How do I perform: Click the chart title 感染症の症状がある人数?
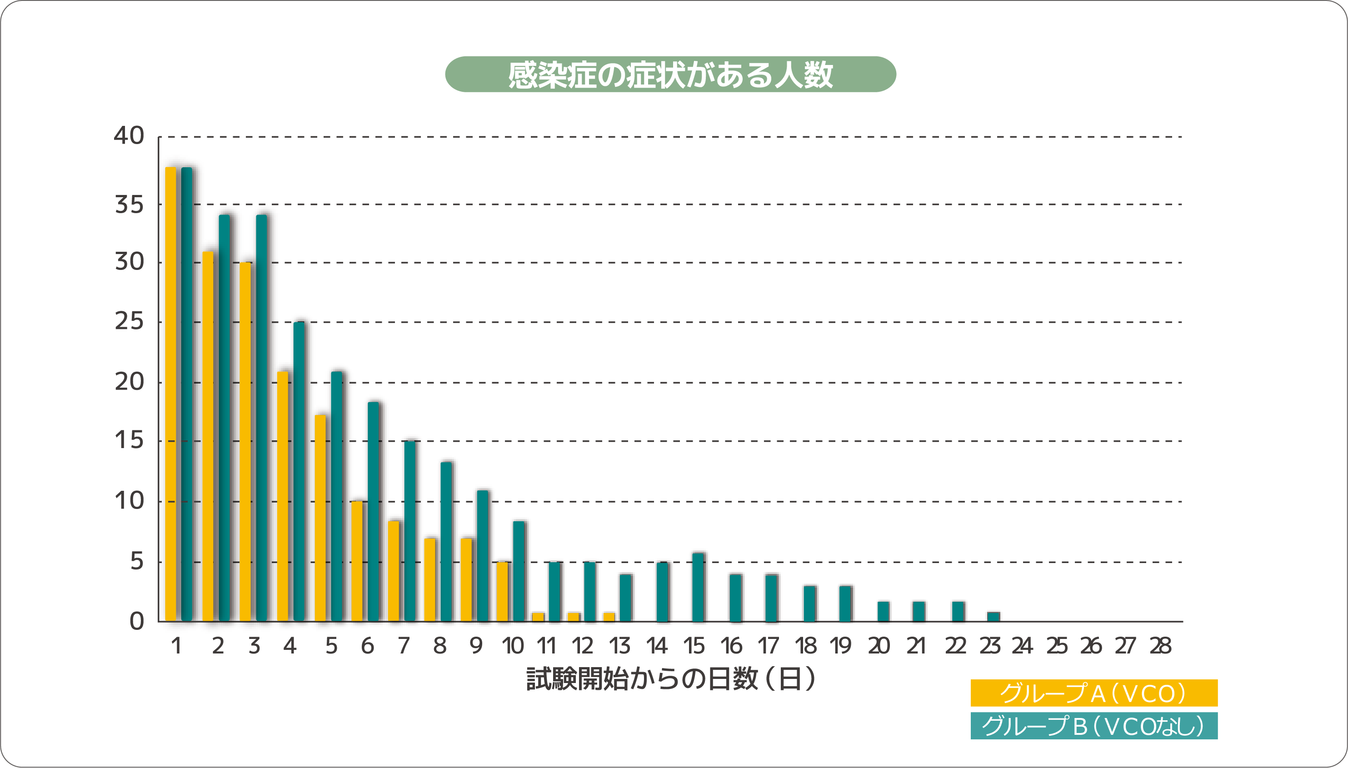pos(670,75)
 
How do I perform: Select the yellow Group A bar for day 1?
pos(170,394)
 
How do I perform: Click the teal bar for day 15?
pos(698,587)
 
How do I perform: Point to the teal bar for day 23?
pos(993,617)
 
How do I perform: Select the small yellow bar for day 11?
pos(538,617)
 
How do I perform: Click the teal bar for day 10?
pos(519,571)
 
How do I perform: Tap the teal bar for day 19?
pos(845,603)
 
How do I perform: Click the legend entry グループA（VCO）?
pos(1094,693)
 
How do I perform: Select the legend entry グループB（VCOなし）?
pos(1094,726)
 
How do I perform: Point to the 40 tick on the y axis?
pos(129,136)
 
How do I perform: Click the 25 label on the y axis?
pos(129,322)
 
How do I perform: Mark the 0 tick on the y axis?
pos(137,621)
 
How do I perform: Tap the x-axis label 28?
pos(1160,646)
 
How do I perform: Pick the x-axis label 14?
pos(657,646)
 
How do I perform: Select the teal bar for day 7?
pos(410,531)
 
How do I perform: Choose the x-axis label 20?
pos(879,646)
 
